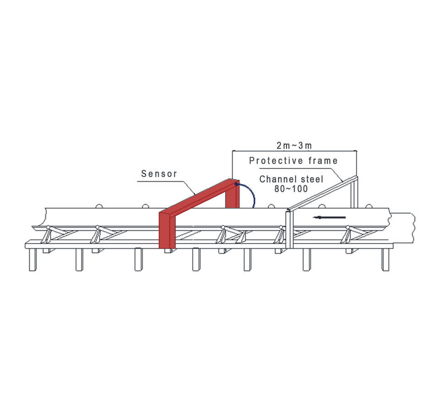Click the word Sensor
click(159, 173)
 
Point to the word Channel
click(276, 179)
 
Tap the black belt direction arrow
click(329, 217)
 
